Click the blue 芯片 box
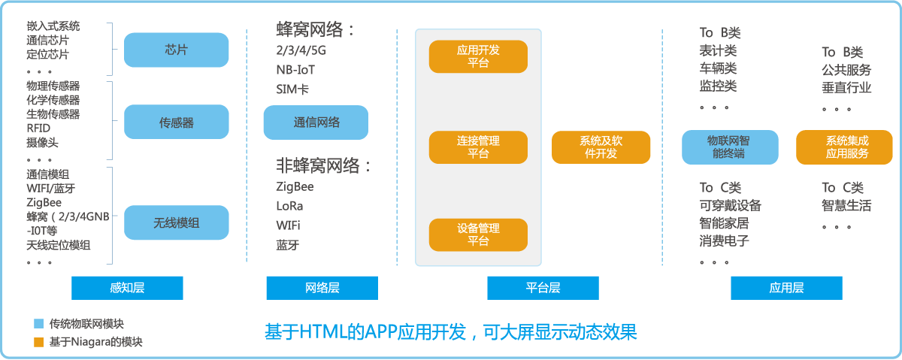[176, 50]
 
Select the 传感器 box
[176, 122]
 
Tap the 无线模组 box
[176, 222]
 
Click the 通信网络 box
[316, 123]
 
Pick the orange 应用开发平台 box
[478, 56]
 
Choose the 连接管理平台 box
[478, 147]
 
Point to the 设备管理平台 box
[478, 234]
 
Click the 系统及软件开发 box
[601, 147]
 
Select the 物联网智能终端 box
[729, 147]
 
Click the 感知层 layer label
[127, 288]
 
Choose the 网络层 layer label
[322, 288]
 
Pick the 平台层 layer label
[543, 288]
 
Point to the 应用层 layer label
[786, 288]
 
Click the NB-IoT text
[295, 70]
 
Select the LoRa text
[289, 205]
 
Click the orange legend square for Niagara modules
[39, 342]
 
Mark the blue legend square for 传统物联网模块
[39, 324]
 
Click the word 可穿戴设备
[730, 205]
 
